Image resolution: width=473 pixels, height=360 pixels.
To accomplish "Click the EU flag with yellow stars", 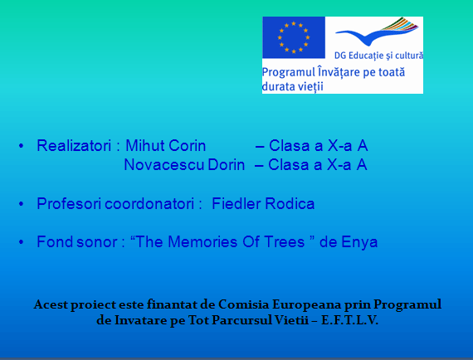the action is (294, 37).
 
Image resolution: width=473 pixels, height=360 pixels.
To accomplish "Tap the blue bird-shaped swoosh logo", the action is (377, 31).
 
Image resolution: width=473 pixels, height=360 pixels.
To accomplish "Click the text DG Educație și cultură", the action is (378, 56).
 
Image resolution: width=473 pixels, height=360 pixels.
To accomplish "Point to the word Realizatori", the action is (74, 146).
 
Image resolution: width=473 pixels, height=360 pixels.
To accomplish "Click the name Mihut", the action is (144, 146).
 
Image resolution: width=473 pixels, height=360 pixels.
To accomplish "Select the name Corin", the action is (188, 146).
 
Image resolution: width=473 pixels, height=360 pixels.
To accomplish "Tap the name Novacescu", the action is (163, 165).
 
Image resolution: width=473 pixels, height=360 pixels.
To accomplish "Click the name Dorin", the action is (227, 165).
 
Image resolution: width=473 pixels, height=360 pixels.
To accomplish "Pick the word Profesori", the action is (69, 204).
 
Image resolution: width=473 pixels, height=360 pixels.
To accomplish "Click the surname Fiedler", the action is (236, 203).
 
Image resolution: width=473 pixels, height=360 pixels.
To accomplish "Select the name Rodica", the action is (290, 203).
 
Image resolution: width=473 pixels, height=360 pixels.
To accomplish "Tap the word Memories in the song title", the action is (202, 242).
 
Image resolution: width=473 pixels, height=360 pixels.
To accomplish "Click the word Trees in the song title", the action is (284, 242).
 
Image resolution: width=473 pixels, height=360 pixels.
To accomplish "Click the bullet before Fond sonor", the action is (21, 242).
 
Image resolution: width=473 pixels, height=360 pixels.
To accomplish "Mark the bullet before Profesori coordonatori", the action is (21, 204).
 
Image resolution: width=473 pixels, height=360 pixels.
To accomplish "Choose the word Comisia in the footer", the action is (243, 304).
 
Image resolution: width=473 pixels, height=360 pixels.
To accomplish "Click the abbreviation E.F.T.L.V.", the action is (349, 320).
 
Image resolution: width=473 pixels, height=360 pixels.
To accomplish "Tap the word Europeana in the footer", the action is (307, 305).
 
